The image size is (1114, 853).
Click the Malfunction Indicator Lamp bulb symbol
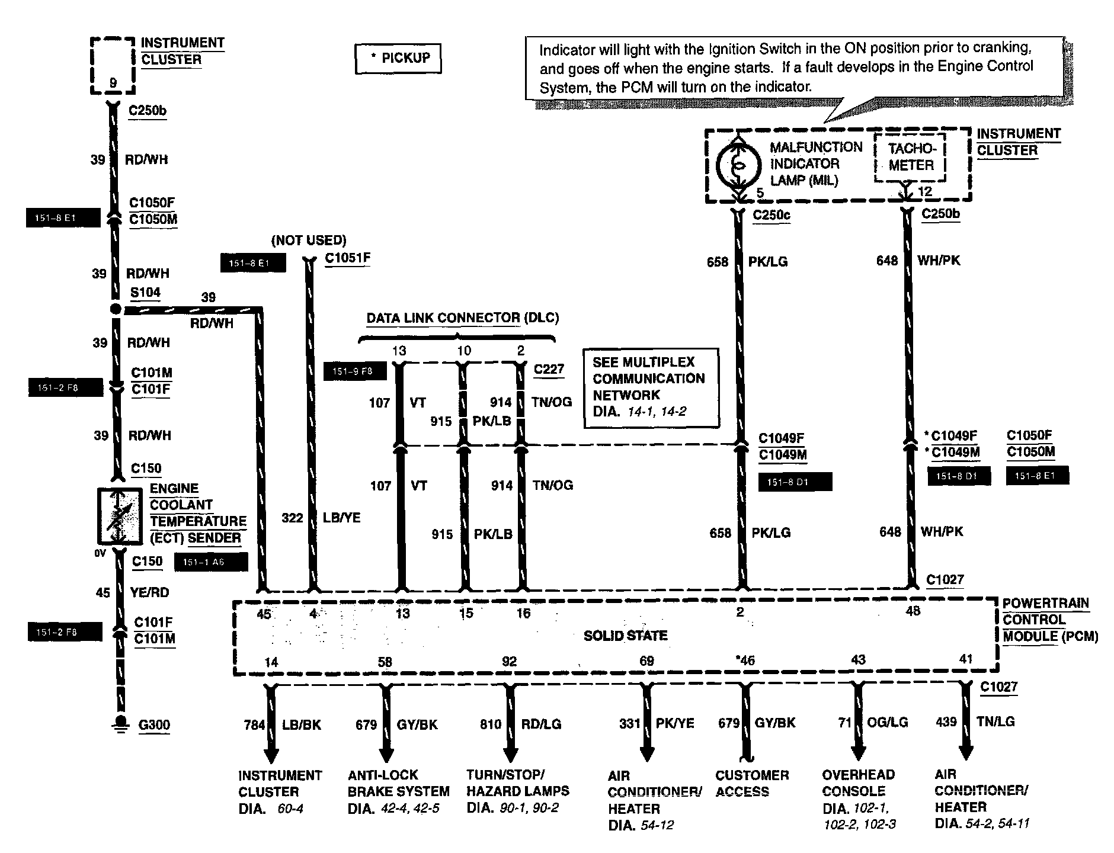tap(738, 165)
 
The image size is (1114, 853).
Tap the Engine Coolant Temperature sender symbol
tap(120, 515)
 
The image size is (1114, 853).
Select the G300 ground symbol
tap(120, 724)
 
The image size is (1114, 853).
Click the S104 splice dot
tap(116, 309)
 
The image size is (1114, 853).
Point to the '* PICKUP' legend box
tap(398, 59)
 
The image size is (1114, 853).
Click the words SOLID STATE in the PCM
tap(625, 636)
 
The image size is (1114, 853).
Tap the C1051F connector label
tap(348, 258)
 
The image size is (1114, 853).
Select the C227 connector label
tap(549, 369)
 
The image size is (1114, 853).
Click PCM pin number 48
tap(913, 611)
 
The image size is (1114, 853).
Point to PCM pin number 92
tap(509, 661)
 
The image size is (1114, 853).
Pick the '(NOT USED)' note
tap(309, 240)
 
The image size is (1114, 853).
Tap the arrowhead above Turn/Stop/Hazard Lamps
tap(510, 754)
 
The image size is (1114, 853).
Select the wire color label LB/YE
tap(341, 518)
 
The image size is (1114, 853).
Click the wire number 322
tap(292, 518)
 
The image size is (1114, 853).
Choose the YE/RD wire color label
tap(149, 592)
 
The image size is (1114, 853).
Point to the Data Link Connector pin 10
tap(464, 351)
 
